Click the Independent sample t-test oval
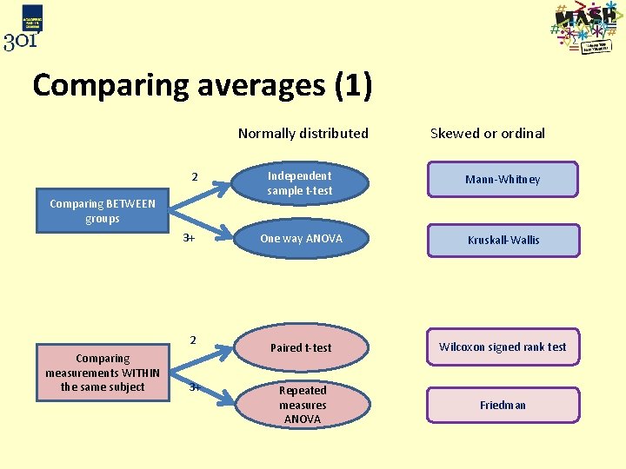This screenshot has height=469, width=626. (300, 183)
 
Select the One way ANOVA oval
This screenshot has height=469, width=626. (301, 239)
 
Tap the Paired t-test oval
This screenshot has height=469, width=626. (301, 347)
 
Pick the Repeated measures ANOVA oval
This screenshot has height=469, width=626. (303, 405)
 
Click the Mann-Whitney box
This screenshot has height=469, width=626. (503, 180)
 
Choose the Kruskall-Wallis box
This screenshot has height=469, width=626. (503, 240)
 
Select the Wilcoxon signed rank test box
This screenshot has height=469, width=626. (503, 347)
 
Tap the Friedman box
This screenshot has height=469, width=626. (503, 406)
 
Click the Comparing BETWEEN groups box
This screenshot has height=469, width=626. (103, 211)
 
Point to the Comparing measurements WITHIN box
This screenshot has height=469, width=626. (103, 373)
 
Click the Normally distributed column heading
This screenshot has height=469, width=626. (303, 134)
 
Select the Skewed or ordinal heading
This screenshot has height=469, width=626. (488, 134)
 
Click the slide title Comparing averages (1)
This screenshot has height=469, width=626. (203, 86)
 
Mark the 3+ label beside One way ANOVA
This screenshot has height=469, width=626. (189, 238)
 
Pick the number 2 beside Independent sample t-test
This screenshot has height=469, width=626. (195, 178)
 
